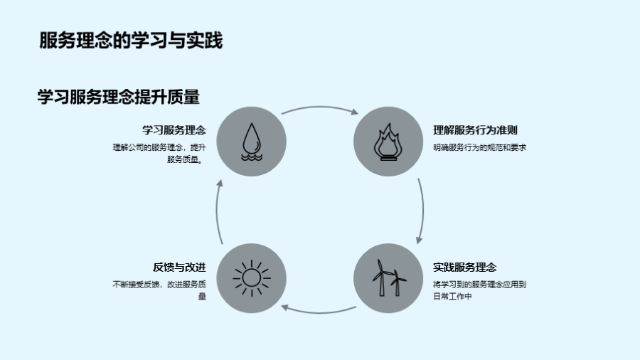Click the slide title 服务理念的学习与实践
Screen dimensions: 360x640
(131, 41)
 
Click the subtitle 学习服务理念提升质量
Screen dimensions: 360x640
(118, 97)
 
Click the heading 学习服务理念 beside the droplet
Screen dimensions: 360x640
(174, 129)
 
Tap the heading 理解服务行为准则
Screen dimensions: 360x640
(475, 129)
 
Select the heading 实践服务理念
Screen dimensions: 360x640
(464, 267)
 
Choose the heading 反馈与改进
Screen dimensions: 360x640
(179, 267)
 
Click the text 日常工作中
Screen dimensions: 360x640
(453, 297)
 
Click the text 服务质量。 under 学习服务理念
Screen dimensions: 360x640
(185, 159)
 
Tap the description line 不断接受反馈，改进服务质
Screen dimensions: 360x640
(159, 285)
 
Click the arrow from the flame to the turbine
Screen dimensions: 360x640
(422, 209)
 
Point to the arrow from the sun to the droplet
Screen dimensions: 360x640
(218, 211)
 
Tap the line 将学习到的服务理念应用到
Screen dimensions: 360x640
(479, 285)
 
